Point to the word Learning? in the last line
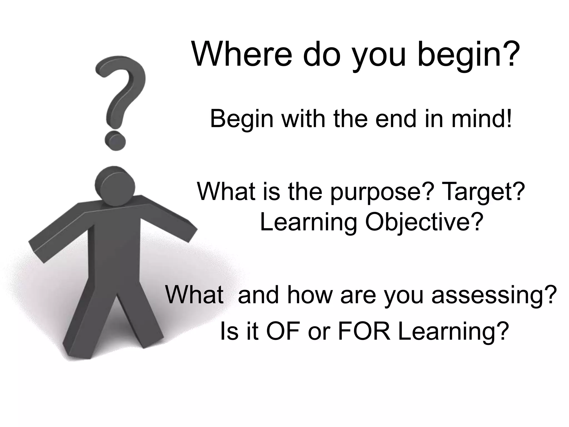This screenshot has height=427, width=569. [x=453, y=332]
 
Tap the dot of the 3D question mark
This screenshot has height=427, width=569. [x=115, y=141]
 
